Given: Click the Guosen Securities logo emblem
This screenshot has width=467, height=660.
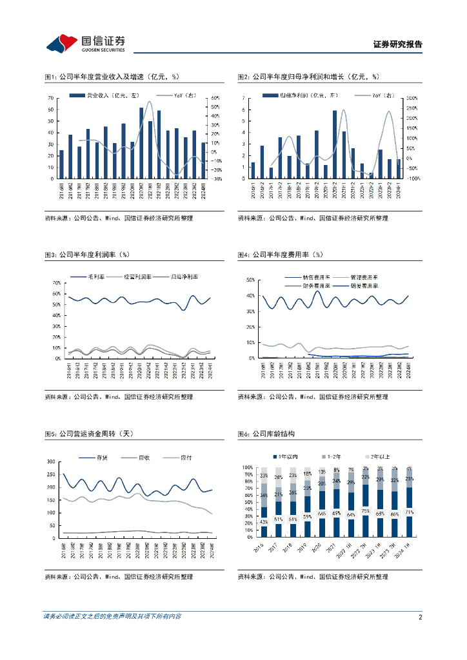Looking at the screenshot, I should point(61,43).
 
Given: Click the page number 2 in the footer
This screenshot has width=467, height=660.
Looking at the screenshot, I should point(420,617).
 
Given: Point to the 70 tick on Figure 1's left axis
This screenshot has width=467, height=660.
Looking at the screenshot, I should point(50,98).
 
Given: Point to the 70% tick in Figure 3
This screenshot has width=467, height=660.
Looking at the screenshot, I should point(56,283).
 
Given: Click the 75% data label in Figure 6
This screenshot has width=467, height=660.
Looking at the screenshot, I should point(366,510).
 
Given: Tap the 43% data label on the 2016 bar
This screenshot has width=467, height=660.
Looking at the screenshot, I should point(263,521).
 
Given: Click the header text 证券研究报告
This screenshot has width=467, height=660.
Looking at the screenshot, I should point(398,44).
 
